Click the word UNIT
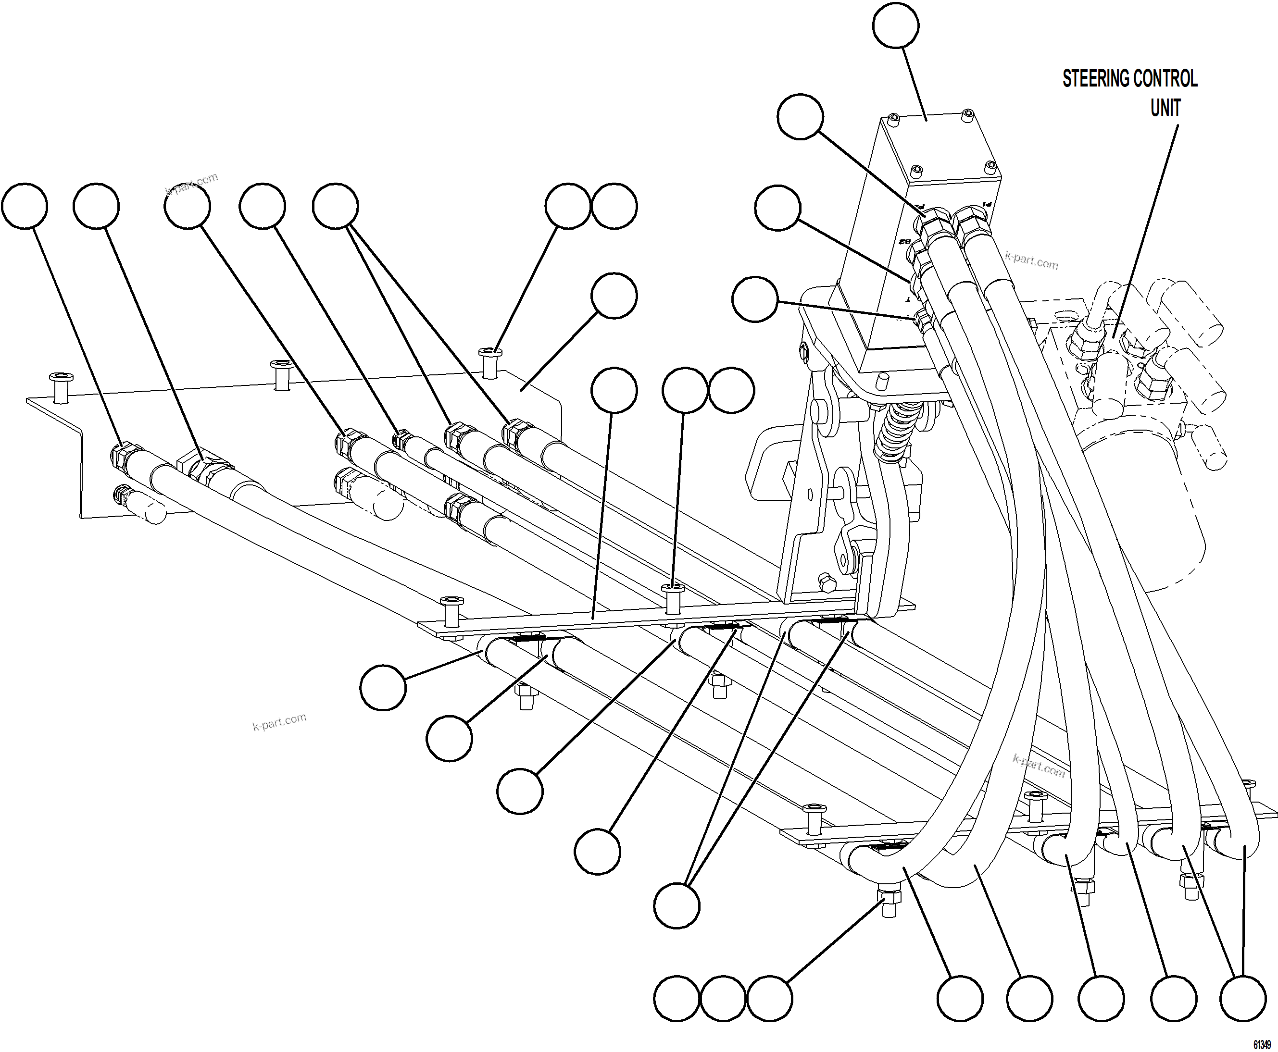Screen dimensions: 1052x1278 [x=1165, y=109]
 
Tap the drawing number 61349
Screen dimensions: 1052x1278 [x=1262, y=1045]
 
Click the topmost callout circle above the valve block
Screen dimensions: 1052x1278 [x=895, y=25]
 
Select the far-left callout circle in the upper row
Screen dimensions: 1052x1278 [x=24, y=206]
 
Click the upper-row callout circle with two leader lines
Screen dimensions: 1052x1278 [x=335, y=206]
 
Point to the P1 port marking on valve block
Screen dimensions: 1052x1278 [x=987, y=204]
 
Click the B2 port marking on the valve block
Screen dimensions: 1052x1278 [x=904, y=242]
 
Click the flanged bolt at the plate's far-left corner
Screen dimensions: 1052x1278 [x=61, y=386]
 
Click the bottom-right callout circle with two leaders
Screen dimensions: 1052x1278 [x=1242, y=998]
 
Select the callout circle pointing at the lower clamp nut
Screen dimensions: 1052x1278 [x=769, y=998]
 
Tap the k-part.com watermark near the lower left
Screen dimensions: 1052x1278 [x=279, y=722]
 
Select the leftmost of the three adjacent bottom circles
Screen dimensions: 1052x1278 [x=677, y=998]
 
